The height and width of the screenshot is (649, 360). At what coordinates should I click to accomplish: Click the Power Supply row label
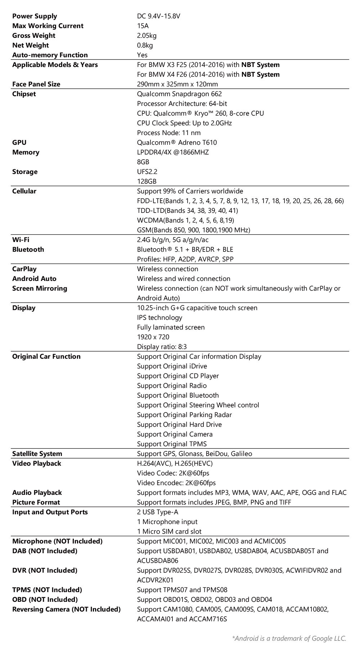point(35,16)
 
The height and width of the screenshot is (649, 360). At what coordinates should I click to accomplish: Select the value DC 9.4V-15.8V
point(158,16)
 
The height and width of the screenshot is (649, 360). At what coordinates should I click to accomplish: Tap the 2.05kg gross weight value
point(147,36)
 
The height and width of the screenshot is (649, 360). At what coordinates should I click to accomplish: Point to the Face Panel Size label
point(36,84)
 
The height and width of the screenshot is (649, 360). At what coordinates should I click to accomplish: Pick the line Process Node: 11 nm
point(168,133)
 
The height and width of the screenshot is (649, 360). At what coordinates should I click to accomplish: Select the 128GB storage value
point(147,182)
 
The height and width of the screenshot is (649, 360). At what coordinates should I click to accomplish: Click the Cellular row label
point(24,191)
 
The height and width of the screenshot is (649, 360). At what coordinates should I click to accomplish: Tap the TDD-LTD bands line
point(187,211)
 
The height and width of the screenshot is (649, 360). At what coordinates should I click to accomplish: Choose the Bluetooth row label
point(28,250)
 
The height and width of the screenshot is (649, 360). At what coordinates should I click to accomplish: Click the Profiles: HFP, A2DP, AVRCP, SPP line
point(185,259)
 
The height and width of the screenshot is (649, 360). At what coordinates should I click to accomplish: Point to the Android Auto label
point(34,279)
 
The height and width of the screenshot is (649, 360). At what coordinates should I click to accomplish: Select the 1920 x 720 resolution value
point(153,337)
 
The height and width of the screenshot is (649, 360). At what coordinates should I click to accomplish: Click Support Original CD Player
point(178,376)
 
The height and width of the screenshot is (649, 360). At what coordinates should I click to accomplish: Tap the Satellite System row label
point(37,454)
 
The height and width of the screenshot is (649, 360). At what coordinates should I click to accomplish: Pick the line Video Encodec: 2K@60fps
point(176,483)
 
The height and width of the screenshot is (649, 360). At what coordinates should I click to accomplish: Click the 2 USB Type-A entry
point(157,512)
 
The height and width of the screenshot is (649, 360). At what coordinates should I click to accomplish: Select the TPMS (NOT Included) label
point(47,590)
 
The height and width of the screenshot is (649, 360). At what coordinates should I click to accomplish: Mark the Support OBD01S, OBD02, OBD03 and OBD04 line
point(204,600)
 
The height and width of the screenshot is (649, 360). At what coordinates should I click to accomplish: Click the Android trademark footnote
point(289,639)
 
